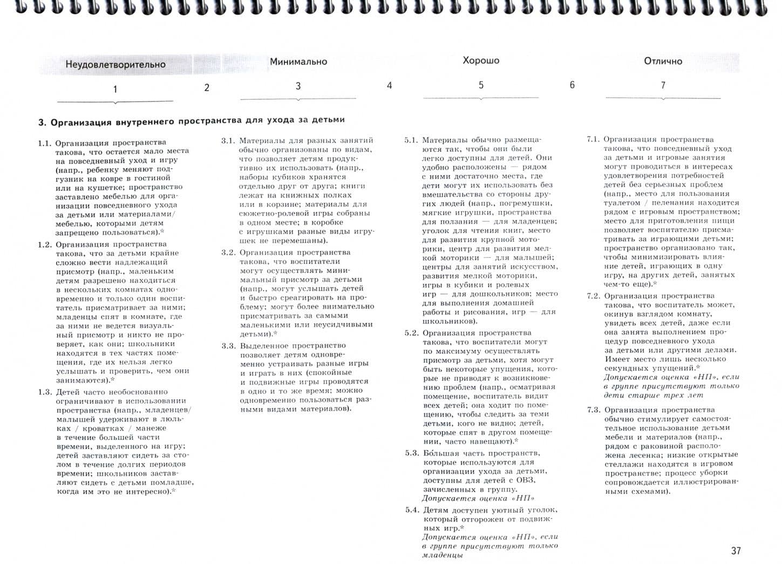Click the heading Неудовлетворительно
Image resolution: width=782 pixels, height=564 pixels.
(115, 64)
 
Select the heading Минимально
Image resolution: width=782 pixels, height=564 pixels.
(298, 62)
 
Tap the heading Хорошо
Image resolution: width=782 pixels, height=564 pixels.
(481, 60)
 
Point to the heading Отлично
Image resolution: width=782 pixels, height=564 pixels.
(663, 61)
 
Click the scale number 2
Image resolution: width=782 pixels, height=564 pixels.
(207, 87)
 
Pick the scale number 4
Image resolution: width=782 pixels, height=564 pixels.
(389, 85)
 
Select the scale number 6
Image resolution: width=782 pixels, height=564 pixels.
(572, 85)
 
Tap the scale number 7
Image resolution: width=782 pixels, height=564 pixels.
(663, 85)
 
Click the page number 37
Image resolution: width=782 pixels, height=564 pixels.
(736, 551)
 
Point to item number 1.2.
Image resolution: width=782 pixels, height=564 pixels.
(45, 244)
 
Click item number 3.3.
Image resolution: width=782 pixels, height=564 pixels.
(228, 346)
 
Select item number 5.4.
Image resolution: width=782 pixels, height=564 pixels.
(412, 510)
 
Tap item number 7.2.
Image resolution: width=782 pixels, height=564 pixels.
(593, 296)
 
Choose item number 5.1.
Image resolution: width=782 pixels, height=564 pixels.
(411, 140)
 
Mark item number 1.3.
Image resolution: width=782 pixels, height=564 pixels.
(45, 392)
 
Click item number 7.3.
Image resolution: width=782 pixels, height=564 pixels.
(593, 410)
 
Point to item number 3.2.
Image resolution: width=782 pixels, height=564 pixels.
(228, 253)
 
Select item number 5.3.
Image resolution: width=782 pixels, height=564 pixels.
(412, 453)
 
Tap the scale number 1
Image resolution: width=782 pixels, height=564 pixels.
(115, 89)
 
